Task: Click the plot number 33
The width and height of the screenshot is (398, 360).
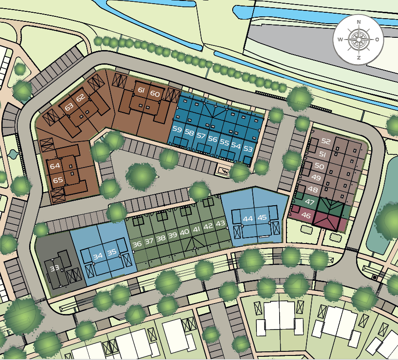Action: point(55,268)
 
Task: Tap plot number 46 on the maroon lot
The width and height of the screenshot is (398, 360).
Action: point(306,216)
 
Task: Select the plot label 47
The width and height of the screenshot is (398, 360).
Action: point(310,202)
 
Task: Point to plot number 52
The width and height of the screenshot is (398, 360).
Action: point(325,141)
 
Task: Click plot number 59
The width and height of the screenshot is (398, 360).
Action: point(177,130)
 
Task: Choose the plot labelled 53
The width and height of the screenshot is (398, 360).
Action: point(248,148)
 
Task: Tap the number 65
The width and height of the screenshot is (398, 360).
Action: point(58,180)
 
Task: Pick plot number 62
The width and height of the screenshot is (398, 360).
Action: point(81,98)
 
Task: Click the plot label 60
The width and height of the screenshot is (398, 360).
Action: point(155,94)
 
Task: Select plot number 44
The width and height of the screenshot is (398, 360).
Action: point(248,218)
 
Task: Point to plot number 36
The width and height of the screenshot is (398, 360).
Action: point(137,244)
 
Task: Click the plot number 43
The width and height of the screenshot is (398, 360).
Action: point(220,223)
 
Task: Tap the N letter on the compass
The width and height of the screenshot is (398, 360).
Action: point(359,22)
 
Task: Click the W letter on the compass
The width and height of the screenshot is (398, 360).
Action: point(340,40)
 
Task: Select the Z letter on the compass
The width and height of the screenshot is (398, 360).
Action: point(359,58)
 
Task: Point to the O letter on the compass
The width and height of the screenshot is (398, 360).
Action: point(377,40)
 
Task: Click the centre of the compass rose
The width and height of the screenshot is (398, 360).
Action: point(359,40)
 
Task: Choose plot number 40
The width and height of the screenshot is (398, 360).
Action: point(184,232)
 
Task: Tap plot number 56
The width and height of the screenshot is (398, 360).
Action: point(212,139)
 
